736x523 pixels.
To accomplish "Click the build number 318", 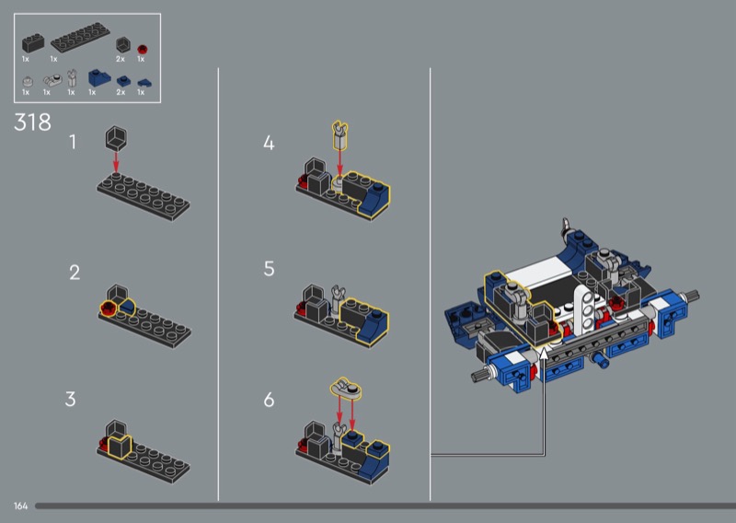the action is point(32,122).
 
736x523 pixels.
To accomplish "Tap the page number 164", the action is point(20,506).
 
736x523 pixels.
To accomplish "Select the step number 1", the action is point(73,143).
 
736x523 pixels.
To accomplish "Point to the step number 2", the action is point(75,273).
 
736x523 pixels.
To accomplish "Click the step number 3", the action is point(71,400).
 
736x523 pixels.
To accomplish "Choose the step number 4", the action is point(269,143).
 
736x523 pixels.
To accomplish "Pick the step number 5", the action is point(269,269).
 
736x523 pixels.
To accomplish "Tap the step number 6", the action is point(269,400).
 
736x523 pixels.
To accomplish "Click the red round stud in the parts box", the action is point(143,49).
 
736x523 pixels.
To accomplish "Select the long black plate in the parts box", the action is point(80,38).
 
